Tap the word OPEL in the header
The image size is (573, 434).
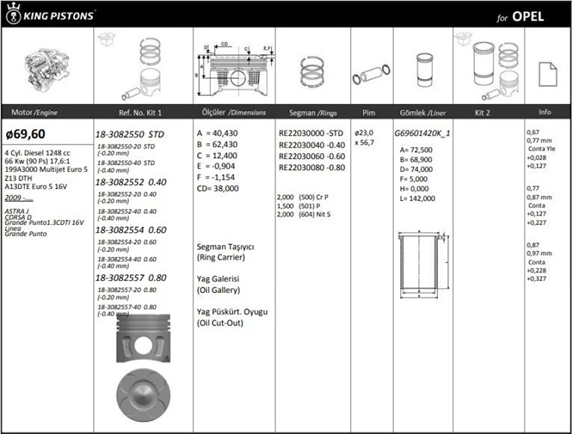(x=528, y=17)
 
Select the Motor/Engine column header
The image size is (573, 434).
(x=34, y=113)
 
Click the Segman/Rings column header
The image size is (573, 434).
(x=313, y=113)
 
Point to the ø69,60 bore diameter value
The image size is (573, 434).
(x=26, y=134)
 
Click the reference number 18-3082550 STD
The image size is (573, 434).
(x=130, y=134)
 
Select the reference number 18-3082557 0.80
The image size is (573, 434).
(x=131, y=278)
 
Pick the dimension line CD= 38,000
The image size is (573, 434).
(x=218, y=188)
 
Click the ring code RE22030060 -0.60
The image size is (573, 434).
(x=312, y=156)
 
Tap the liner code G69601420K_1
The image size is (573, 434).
(x=422, y=133)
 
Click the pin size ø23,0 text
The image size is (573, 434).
(x=364, y=133)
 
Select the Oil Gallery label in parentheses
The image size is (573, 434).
(x=219, y=290)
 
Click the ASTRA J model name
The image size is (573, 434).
(x=16, y=211)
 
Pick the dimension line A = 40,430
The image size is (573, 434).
(x=218, y=133)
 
